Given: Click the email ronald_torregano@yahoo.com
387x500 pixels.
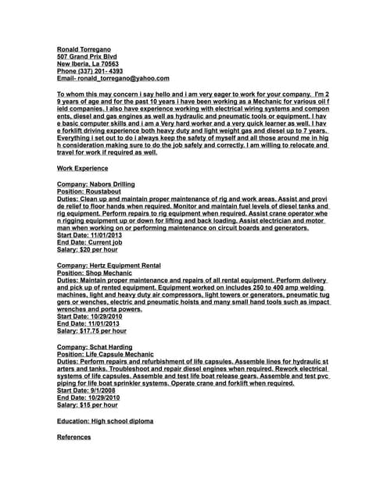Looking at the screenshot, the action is point(113,79).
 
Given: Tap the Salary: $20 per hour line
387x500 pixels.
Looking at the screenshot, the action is point(88,250).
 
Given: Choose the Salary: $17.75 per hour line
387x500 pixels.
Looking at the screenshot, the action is point(91,330).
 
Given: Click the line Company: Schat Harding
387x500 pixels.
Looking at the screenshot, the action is point(95,346).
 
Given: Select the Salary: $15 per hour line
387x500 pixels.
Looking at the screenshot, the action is point(88,405).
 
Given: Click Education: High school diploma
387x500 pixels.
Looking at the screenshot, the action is point(106,420).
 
